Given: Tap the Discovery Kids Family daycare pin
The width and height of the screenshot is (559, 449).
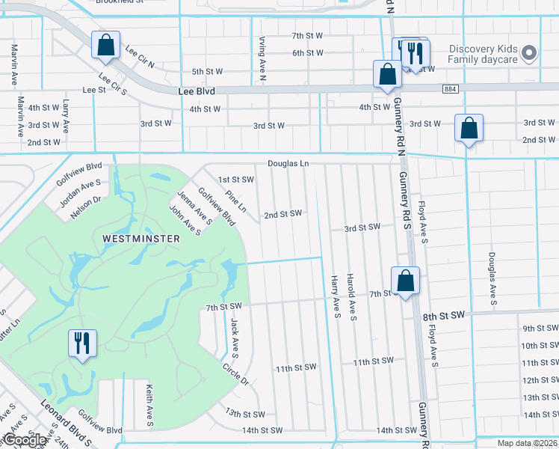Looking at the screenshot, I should (529, 53).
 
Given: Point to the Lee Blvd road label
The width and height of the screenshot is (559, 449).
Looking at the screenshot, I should (197, 91).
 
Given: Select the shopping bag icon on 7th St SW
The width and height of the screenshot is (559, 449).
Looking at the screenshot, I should (405, 281).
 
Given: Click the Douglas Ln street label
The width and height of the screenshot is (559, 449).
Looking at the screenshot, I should (288, 163).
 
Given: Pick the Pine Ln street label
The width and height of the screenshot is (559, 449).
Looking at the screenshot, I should (235, 203).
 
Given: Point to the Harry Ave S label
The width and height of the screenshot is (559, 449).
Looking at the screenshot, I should (336, 298).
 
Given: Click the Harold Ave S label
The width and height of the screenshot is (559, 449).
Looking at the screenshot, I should (351, 298).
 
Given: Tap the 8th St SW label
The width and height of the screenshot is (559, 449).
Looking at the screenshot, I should (445, 317).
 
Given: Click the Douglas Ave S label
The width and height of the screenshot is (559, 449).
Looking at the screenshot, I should (492, 278).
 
